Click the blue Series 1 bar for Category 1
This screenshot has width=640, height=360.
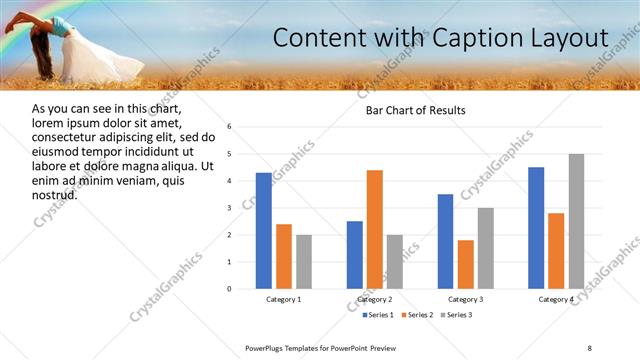click(x=264, y=231)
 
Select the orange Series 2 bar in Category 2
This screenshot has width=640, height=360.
click(x=375, y=229)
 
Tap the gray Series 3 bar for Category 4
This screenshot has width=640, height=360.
click(x=576, y=221)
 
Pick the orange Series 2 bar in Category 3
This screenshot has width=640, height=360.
click(x=466, y=264)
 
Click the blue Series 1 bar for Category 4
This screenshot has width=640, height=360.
click(x=536, y=228)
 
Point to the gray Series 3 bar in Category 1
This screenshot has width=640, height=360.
click(x=304, y=262)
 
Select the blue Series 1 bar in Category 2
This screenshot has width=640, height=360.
click(x=355, y=255)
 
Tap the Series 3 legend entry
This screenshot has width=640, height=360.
click(x=457, y=315)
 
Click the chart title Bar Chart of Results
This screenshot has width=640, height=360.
click(x=415, y=110)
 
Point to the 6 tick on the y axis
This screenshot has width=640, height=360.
click(x=230, y=127)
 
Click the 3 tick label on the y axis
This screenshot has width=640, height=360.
click(x=230, y=208)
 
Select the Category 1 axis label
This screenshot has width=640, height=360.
click(x=284, y=299)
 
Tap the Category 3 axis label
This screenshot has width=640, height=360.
click(x=466, y=299)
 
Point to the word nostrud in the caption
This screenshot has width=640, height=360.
click(x=56, y=194)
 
